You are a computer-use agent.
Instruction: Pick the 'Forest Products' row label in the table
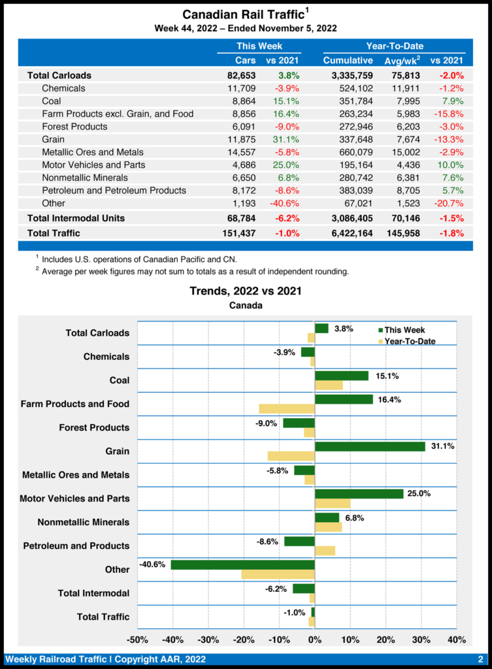tap(74, 126)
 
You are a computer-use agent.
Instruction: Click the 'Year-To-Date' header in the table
tap(394, 46)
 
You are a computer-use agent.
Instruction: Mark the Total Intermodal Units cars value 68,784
tap(238, 218)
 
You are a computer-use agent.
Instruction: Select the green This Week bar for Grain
tap(370, 446)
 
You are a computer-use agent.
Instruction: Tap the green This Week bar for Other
tap(242, 564)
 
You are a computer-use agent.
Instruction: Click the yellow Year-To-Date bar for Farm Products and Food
tap(286, 408)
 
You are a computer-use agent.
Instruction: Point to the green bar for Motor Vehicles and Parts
tap(359, 493)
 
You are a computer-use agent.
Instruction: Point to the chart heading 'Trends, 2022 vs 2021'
tap(246, 291)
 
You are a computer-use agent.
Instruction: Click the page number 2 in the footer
tap(480, 659)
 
